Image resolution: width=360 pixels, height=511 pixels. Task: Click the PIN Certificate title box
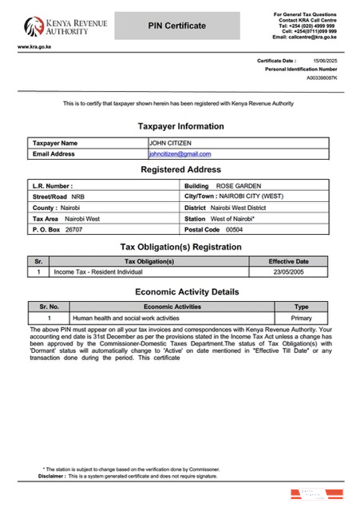[176, 26]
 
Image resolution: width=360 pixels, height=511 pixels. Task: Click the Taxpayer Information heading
[180, 126]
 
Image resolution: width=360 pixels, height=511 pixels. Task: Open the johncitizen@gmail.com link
[180, 153]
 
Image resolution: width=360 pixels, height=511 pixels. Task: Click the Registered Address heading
[180, 170]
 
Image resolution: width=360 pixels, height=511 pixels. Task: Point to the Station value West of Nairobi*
[232, 218]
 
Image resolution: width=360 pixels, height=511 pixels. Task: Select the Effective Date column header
[288, 261]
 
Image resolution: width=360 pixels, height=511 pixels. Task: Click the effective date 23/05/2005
[288, 272]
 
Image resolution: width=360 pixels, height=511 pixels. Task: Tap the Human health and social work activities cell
[131, 318]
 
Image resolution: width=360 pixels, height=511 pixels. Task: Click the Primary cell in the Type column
[301, 318]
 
